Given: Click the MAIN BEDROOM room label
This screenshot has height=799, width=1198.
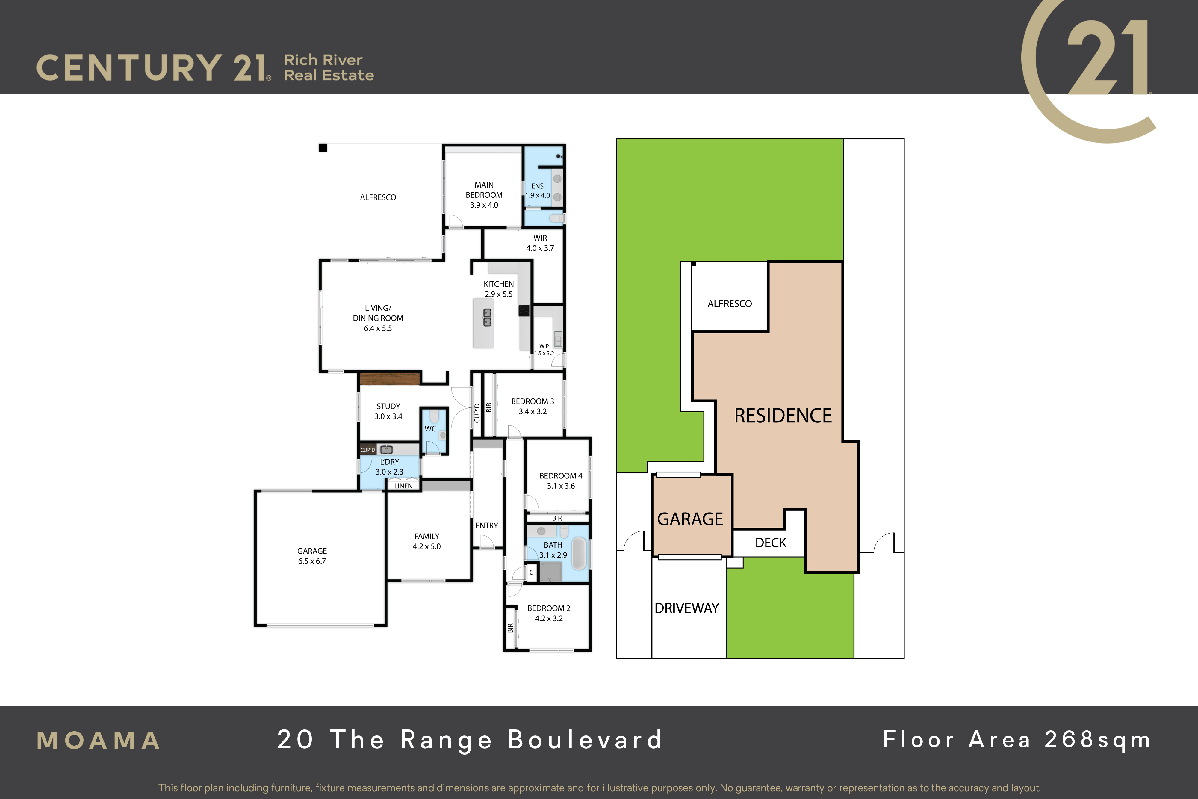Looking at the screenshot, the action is pyautogui.click(x=484, y=190).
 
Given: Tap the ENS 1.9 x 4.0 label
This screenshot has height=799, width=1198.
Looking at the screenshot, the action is pyautogui.click(x=537, y=191).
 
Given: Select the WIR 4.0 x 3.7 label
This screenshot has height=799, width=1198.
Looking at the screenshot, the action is pyautogui.click(x=540, y=243).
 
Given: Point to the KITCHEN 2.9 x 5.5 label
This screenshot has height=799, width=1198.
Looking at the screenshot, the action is pyautogui.click(x=499, y=289).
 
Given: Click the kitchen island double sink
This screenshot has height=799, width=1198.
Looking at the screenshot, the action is pyautogui.click(x=488, y=318).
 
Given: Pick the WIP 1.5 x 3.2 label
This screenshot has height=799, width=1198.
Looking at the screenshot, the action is pyautogui.click(x=544, y=350).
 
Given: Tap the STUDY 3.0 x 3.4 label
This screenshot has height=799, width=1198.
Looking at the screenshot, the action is pyautogui.click(x=388, y=411).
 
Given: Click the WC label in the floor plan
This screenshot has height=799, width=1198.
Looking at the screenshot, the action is pyautogui.click(x=430, y=428).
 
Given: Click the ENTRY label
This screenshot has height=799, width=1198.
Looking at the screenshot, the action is pyautogui.click(x=486, y=525).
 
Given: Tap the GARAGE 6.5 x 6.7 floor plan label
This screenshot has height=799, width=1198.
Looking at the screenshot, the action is pyautogui.click(x=312, y=556).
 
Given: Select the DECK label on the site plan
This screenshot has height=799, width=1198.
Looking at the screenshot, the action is pyautogui.click(x=771, y=543).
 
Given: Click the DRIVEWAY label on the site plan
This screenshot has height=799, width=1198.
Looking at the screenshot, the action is pyautogui.click(x=687, y=608).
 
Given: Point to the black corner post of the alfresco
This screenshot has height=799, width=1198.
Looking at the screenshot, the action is pyautogui.click(x=323, y=148).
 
